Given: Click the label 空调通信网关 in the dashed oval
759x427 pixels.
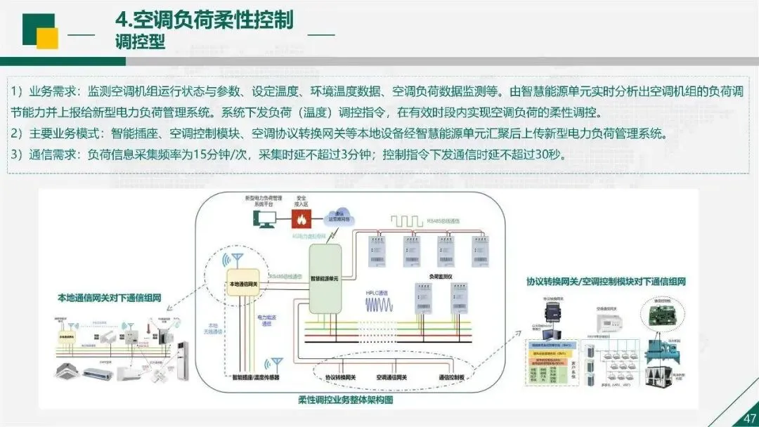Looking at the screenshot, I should (393, 378).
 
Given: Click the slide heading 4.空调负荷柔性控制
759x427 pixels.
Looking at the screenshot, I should (204, 19).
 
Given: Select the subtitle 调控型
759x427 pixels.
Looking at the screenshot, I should (140, 41).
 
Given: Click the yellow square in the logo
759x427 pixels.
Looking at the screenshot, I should (47, 39).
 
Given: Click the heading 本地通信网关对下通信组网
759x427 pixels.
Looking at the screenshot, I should (110, 298).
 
